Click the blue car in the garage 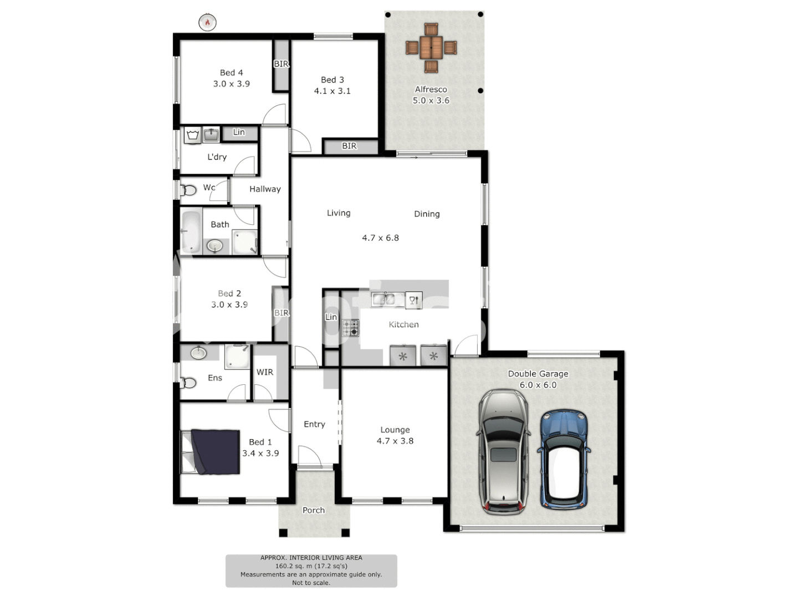click(x=564, y=459)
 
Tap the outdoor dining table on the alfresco click(x=431, y=48)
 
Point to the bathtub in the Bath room click(x=191, y=231)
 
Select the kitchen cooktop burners click(x=350, y=328)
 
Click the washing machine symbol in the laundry click(x=192, y=135)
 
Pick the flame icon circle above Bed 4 click(x=207, y=22)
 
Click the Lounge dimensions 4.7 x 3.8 click(x=395, y=441)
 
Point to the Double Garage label click(x=538, y=374)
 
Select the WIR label click(x=264, y=372)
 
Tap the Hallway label click(x=265, y=189)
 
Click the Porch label click(x=314, y=510)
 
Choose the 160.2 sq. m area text click(x=311, y=566)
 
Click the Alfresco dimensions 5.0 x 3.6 click(x=431, y=100)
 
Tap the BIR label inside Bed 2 click(x=282, y=313)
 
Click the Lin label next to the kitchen click(x=331, y=317)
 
